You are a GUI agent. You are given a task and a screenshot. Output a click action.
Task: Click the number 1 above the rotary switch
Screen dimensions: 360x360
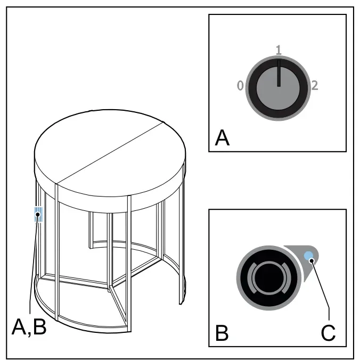click(279, 50)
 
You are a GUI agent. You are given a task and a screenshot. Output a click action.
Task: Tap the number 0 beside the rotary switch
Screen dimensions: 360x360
click(240, 86)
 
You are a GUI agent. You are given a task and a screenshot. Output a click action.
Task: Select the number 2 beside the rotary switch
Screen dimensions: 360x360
click(315, 85)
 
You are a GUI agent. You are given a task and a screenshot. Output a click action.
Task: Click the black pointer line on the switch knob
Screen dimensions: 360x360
click(279, 73)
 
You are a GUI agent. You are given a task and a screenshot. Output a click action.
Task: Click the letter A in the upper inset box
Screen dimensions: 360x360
click(222, 138)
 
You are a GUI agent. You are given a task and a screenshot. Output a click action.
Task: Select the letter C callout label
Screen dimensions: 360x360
click(328, 333)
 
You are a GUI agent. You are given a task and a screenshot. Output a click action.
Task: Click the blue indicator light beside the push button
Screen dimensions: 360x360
click(308, 256)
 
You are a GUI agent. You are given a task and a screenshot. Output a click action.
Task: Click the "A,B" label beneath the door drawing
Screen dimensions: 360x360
click(29, 327)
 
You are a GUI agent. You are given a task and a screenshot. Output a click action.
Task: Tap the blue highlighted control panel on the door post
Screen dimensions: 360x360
click(38, 214)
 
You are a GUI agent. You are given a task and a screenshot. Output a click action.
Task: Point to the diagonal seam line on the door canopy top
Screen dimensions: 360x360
click(110, 153)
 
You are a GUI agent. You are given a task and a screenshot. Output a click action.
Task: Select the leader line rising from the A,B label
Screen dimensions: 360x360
click(33, 264)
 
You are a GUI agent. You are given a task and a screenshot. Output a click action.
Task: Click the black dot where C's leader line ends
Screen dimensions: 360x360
click(312, 260)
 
